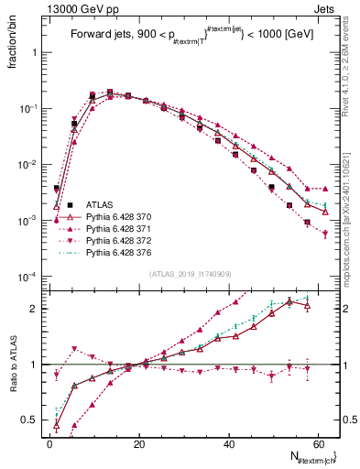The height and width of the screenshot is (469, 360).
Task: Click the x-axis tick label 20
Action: point(138,444)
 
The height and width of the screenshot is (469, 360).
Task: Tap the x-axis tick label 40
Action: point(228,444)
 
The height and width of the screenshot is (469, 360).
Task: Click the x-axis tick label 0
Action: point(49,444)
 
